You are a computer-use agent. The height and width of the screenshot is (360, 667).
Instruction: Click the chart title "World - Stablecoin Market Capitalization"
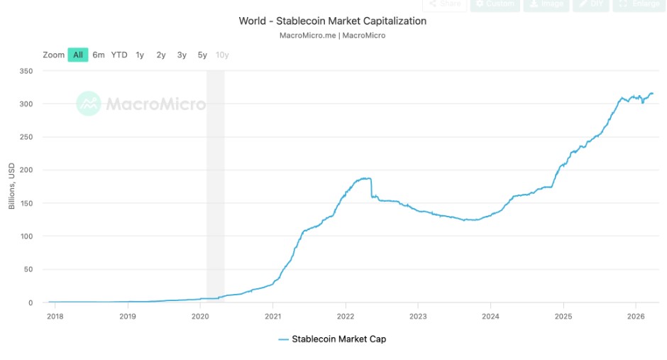click(x=333, y=21)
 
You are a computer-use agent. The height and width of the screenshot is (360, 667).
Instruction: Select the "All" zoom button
click(x=78, y=55)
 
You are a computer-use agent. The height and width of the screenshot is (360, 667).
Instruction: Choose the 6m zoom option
click(x=99, y=55)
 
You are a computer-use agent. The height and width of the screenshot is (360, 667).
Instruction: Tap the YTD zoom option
click(x=119, y=55)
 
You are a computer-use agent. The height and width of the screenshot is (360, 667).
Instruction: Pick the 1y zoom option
click(x=140, y=55)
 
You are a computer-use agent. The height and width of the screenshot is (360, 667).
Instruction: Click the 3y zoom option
click(x=182, y=55)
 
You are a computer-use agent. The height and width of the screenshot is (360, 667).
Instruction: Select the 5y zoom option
click(x=202, y=55)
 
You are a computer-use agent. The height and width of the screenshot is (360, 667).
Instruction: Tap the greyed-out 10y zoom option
click(x=222, y=55)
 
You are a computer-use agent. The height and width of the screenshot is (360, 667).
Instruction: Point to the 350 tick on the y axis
click(x=27, y=71)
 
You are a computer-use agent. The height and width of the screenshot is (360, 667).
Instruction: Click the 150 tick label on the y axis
click(x=27, y=203)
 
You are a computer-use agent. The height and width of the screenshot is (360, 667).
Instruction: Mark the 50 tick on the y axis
click(x=29, y=269)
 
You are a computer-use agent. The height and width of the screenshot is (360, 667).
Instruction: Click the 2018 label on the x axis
click(x=55, y=315)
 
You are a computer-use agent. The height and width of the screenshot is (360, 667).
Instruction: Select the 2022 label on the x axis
click(x=346, y=315)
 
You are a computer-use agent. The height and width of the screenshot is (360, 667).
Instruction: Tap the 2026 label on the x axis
click(x=636, y=315)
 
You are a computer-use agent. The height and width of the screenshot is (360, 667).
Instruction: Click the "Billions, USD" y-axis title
click(x=11, y=187)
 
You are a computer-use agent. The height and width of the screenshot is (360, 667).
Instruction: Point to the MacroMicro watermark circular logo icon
click(x=89, y=104)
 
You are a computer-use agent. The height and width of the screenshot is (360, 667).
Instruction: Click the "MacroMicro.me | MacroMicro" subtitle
click(x=333, y=35)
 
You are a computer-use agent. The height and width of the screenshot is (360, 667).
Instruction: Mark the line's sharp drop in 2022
click(x=371, y=188)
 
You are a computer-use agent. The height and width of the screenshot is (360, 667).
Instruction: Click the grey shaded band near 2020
click(x=215, y=185)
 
